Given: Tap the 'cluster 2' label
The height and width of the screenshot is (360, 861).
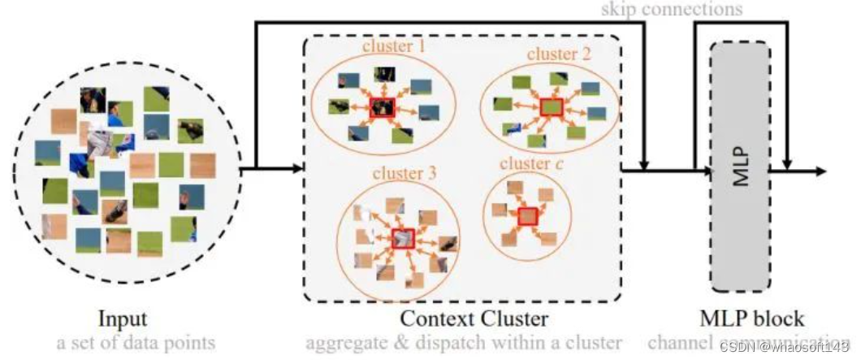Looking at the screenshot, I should (558, 55).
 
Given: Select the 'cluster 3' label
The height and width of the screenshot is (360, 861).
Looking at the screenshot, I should (405, 173).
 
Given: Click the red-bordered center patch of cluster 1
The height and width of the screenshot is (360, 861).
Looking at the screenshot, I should (381, 107).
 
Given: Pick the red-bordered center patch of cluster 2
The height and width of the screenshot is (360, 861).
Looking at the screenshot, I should (552, 106).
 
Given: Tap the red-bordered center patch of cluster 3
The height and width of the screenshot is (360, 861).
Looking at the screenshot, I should (403, 237).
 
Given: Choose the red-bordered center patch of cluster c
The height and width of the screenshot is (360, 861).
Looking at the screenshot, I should (529, 216).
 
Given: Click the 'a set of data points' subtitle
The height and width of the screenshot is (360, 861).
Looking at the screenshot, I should (136, 342).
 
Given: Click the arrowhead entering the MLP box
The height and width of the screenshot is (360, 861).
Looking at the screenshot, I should (705, 171).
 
